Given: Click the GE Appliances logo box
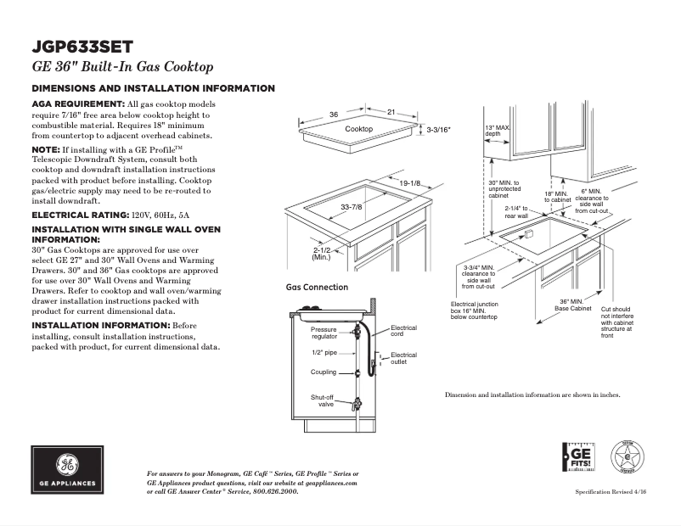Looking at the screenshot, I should (x=68, y=469).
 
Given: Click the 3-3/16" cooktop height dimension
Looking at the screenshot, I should (x=438, y=130).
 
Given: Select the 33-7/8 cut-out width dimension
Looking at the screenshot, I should (x=351, y=208).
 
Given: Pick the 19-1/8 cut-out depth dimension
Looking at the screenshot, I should (x=410, y=182).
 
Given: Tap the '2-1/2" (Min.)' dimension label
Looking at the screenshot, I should (x=322, y=253).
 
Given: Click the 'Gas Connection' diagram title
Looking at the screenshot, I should (x=317, y=288).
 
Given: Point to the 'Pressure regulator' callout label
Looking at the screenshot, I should (x=324, y=333).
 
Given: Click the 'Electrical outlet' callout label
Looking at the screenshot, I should (x=403, y=358).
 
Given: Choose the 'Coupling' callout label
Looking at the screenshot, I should (x=324, y=372).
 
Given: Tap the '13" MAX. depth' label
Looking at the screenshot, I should (x=497, y=131).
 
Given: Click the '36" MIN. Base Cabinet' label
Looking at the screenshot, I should (x=573, y=305).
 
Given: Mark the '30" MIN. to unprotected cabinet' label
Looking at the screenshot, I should (x=504, y=188).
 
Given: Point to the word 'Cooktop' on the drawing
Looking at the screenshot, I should (x=358, y=128).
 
